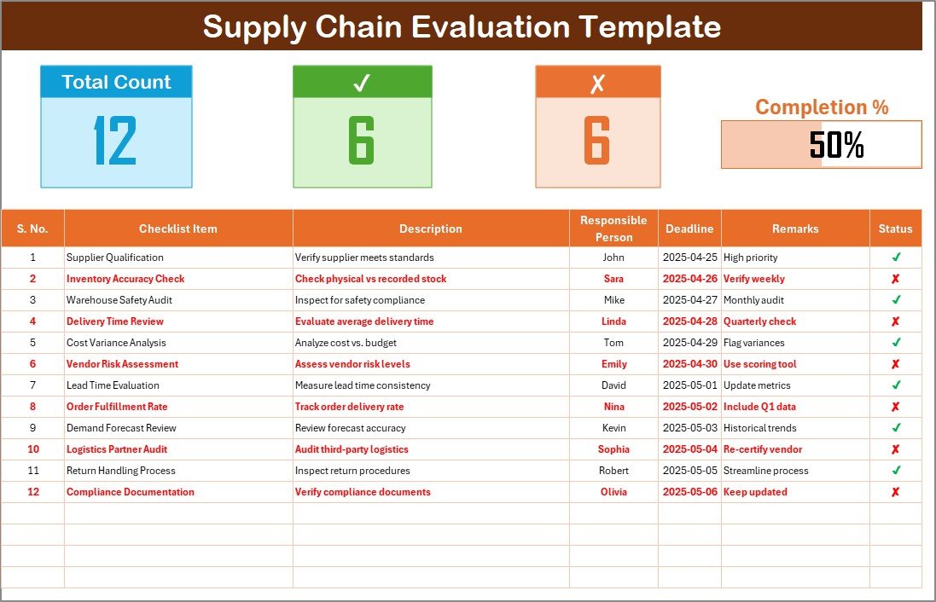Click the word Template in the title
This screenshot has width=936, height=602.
[x=649, y=26]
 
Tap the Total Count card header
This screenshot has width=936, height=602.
[x=116, y=82]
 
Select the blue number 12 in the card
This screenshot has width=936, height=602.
[x=115, y=140]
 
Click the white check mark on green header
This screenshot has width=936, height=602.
[x=362, y=83]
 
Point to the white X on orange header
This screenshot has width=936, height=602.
[x=597, y=84]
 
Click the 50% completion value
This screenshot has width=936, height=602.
[x=836, y=144]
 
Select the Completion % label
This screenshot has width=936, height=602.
[x=822, y=107]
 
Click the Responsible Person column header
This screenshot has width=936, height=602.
[x=613, y=229]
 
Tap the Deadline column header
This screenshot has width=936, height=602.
[x=689, y=229]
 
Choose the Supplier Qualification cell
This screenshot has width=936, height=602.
[x=114, y=258]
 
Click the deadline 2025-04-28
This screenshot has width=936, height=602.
[x=690, y=321]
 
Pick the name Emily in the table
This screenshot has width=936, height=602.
[x=613, y=364]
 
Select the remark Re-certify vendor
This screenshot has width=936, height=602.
[x=763, y=449]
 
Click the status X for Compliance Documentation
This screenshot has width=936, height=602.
[x=895, y=492]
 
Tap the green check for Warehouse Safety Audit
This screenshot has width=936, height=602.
[x=896, y=299]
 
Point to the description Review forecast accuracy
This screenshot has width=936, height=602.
[x=351, y=428]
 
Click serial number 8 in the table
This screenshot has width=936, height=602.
[x=32, y=406]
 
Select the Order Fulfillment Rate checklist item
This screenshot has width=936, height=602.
[x=117, y=406]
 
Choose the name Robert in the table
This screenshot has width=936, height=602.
[x=613, y=470]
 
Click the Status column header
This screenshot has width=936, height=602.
[x=895, y=229]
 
